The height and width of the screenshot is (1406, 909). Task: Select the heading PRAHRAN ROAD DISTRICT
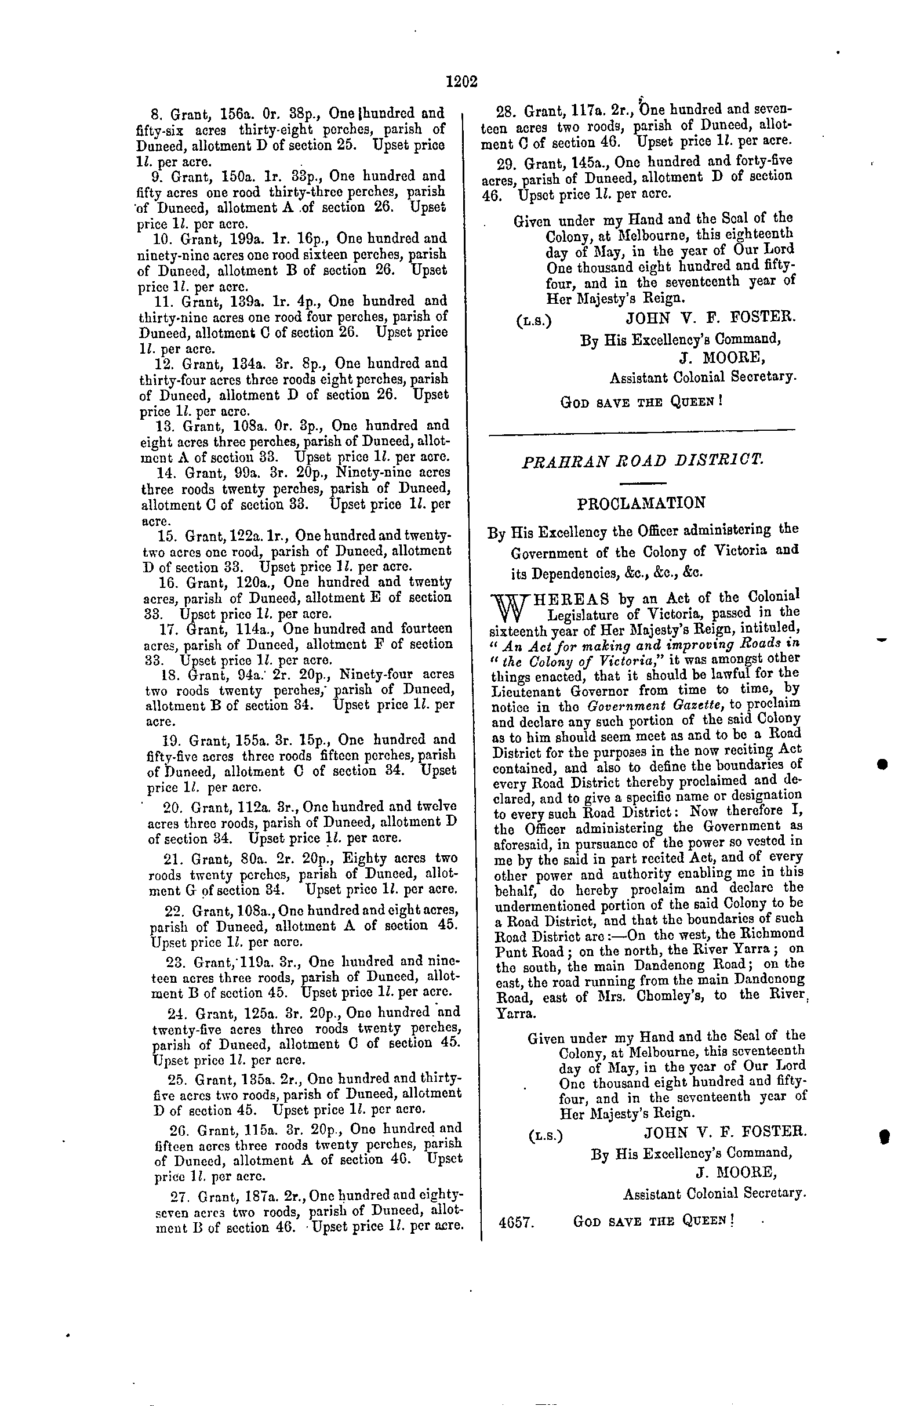(x=642, y=460)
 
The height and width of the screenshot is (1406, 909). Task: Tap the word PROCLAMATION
(x=641, y=503)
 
